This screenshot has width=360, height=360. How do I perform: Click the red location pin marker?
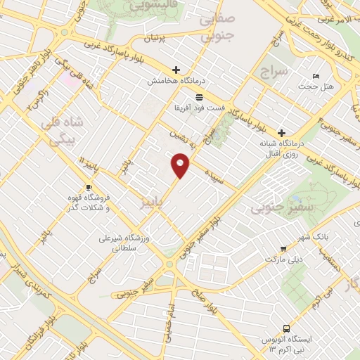click(181, 166)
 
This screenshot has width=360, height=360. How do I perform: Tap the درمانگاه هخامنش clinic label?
click(169, 82)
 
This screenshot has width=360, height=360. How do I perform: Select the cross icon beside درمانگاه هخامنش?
click(176, 70)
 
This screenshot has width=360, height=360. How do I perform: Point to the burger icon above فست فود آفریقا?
click(200, 96)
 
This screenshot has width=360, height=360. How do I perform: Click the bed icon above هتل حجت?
click(316, 75)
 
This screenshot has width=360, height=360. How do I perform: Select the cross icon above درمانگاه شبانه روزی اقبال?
click(281, 132)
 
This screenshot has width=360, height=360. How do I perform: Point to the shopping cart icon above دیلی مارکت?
click(283, 247)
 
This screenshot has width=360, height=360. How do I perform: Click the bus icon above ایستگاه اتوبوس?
click(286, 328)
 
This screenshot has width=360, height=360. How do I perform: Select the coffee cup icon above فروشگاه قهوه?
click(89, 187)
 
